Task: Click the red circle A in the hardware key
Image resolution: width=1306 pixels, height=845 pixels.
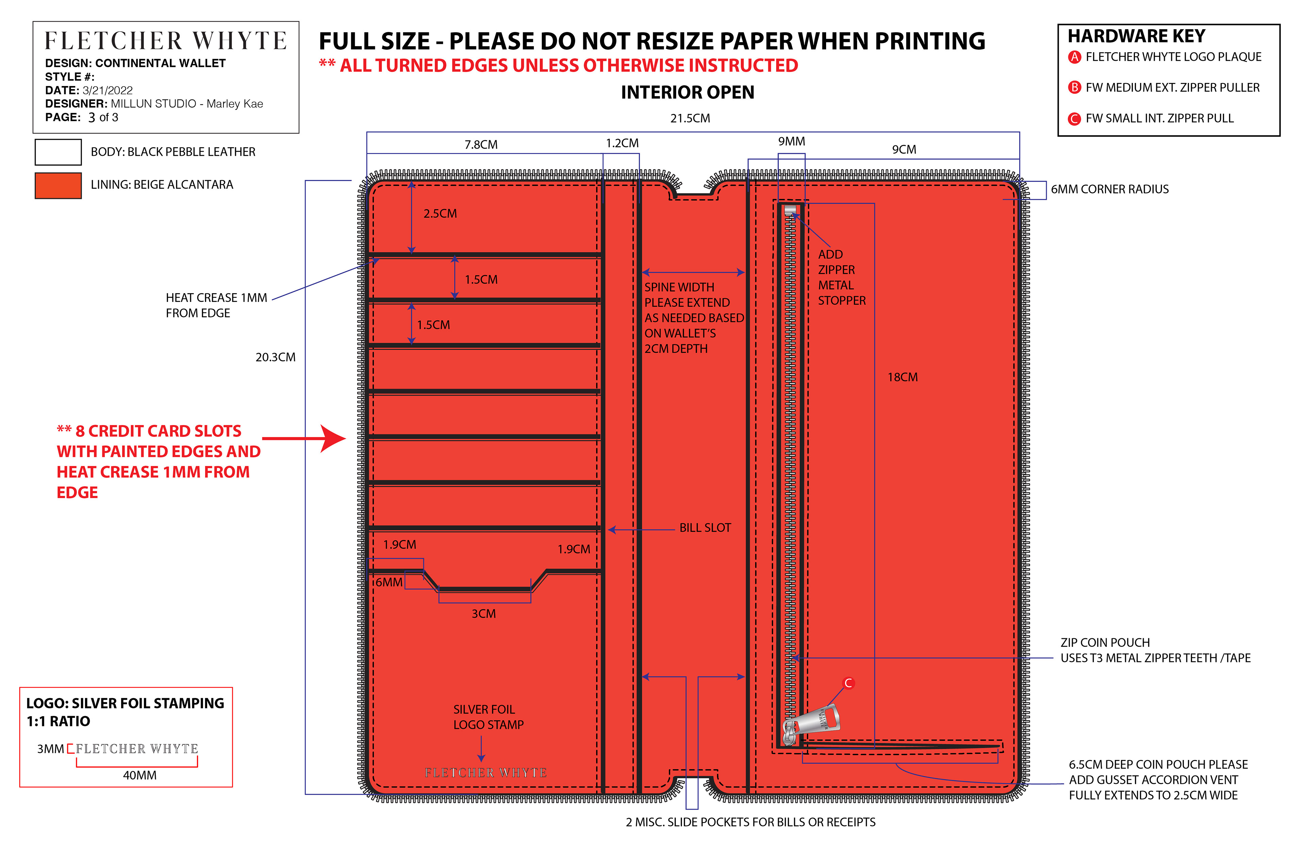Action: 1074,57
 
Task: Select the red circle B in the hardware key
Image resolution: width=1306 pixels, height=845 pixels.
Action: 1074,88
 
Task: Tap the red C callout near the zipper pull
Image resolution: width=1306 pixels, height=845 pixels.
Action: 848,683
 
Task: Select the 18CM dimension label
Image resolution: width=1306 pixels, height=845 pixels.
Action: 902,377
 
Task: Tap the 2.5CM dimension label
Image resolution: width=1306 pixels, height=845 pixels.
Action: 439,214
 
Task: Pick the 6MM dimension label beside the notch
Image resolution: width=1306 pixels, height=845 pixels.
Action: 388,582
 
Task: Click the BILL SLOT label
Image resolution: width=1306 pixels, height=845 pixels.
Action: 705,528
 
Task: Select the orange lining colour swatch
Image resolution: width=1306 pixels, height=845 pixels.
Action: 58,185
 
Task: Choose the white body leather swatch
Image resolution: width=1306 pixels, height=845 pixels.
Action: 58,152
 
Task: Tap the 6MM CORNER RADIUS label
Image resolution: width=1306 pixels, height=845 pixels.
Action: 1109,189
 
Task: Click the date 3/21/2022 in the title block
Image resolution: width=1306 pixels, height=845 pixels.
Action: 107,90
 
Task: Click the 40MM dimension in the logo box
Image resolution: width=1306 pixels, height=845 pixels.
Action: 139,775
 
